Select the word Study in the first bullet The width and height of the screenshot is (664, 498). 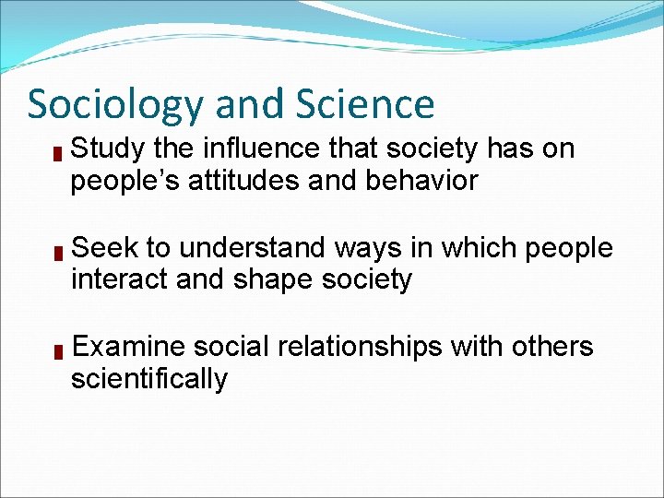pos(105,148)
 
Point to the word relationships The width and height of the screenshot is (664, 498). pos(362,347)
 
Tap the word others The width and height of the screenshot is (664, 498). pos(551,347)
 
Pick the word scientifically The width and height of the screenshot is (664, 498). pos(148,378)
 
